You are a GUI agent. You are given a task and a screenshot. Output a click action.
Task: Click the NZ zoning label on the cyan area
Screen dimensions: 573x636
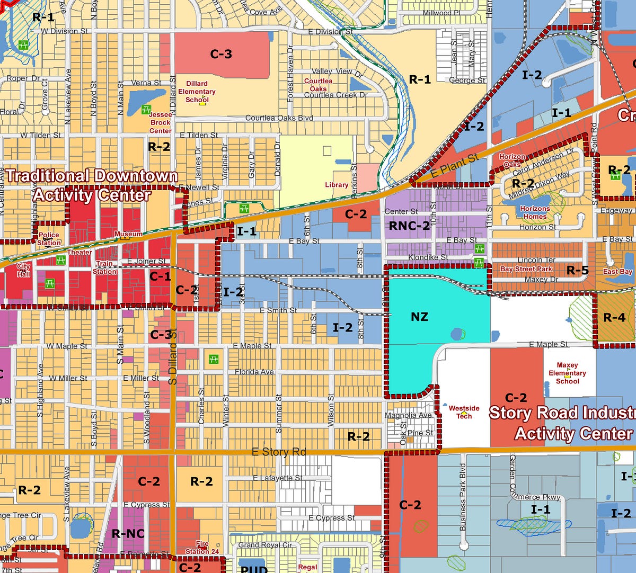[419, 317]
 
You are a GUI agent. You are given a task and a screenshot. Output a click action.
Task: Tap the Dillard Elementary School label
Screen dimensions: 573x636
[197, 92]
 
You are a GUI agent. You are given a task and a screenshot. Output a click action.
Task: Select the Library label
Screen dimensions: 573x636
[337, 185]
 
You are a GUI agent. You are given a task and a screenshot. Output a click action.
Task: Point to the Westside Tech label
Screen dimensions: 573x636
[464, 412]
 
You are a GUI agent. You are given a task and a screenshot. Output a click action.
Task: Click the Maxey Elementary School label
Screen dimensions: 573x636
[567, 373]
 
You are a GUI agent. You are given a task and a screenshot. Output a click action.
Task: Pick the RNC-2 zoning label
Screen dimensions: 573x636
[409, 226]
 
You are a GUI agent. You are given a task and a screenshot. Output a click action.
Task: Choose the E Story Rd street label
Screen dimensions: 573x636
[279, 452]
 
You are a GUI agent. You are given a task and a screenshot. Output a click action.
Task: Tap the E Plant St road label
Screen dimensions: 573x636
[454, 166]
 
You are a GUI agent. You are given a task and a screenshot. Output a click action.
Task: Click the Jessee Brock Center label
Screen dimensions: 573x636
[160, 122]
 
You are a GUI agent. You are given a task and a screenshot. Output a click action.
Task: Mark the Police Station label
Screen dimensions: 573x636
[49, 239]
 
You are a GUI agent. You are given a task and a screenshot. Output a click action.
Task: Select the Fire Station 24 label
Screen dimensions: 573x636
[202, 548]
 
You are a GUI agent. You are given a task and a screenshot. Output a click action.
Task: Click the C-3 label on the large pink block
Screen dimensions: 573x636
[221, 54]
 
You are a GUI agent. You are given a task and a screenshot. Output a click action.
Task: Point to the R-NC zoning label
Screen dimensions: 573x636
[128, 533]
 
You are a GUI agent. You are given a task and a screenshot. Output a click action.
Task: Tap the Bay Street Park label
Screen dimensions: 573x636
[526, 269]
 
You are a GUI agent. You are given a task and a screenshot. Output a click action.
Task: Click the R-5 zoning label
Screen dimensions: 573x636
[577, 271]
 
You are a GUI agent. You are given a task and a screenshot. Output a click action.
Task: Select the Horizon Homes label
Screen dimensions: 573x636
[535, 212]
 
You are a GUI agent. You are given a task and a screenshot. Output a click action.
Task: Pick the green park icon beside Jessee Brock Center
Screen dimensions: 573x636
[146, 110]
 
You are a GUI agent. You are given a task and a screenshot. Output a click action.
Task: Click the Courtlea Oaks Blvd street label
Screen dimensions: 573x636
[279, 118]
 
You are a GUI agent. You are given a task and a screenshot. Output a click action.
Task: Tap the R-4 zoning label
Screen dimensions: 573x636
[614, 317]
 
